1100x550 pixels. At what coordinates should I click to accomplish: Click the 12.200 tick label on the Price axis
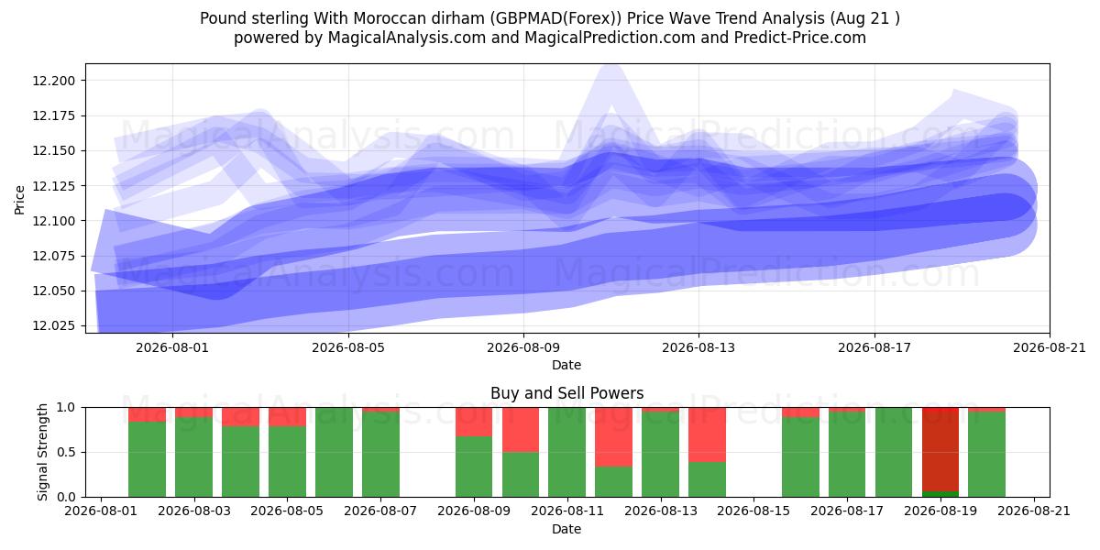tap(54, 81)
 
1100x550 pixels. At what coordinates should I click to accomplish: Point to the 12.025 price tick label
tap(54, 325)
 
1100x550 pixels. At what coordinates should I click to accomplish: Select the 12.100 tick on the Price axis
tap(54, 221)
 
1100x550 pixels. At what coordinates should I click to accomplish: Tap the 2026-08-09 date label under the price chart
tap(523, 347)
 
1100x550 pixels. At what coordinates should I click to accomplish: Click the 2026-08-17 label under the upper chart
tap(874, 347)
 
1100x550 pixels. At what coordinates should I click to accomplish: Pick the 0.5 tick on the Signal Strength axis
tap(66, 452)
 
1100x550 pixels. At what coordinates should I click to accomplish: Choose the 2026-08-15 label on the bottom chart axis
tap(753, 511)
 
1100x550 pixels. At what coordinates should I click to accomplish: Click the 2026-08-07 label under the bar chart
tap(380, 511)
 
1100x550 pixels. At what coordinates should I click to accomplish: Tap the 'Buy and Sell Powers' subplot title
tap(566, 393)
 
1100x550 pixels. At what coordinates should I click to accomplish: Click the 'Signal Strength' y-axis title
tap(43, 452)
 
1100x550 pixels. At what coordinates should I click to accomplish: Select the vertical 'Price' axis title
tap(19, 200)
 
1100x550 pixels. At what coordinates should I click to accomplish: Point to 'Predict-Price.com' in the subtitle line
tap(800, 38)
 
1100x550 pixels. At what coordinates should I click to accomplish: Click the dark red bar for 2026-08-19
tap(940, 449)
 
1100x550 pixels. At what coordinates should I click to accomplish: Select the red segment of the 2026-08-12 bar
tap(614, 436)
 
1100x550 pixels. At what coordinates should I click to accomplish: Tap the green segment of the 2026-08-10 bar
tap(521, 475)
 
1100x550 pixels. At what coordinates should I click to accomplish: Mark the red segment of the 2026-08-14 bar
tap(707, 434)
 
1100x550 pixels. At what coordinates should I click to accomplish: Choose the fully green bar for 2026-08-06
tap(334, 452)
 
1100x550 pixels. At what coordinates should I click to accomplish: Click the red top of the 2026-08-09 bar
tap(474, 422)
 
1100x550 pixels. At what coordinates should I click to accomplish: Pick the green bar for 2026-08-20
tap(986, 455)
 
